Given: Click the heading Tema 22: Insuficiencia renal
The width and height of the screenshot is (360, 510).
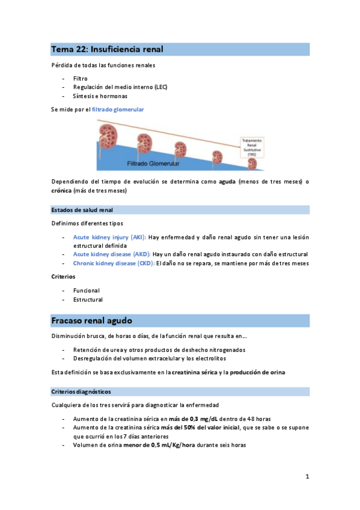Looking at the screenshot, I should pos(108,49).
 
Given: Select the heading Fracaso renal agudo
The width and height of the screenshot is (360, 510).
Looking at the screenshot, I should pos(92,320).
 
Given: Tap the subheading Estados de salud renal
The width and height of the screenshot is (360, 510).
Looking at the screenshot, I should pos(82,210).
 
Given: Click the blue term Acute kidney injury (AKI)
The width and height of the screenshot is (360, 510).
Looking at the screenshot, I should pos(109,238).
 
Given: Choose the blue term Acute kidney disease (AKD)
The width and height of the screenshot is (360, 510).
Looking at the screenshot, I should pos(112,254).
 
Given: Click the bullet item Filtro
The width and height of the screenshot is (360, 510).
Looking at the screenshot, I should pos(81,78).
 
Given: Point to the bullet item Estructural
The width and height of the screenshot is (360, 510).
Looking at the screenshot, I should pos(88,300).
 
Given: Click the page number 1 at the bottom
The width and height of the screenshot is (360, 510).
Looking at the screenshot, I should pos(307,477).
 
